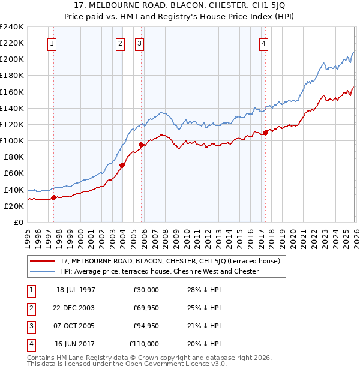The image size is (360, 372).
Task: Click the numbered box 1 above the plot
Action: [52, 43]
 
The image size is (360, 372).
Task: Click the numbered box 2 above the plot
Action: [120, 43]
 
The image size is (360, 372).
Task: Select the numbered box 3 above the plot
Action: [139, 43]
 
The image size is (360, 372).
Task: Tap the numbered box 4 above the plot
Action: [264, 43]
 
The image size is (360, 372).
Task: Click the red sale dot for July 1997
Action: [53, 197]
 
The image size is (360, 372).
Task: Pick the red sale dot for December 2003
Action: [122, 165]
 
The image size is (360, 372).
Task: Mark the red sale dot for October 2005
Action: [141, 145]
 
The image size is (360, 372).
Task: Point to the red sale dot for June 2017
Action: [265, 133]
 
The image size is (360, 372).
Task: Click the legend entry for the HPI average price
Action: [159, 271]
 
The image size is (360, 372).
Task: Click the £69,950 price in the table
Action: [146, 308]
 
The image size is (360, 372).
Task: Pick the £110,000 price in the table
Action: [144, 344]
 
